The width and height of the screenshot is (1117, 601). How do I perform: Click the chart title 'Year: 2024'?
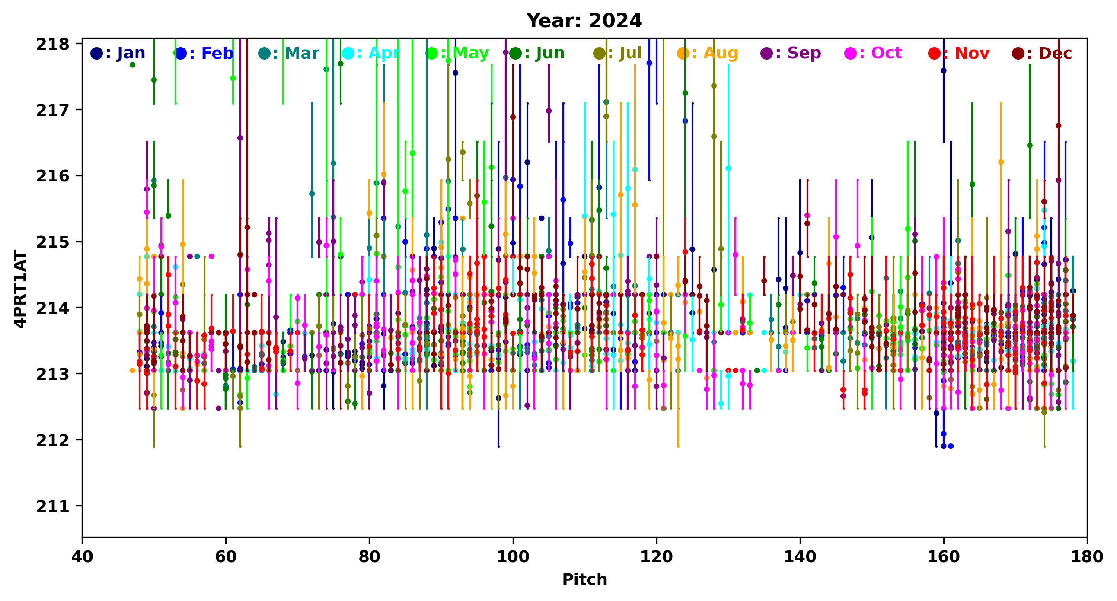pos(584,21)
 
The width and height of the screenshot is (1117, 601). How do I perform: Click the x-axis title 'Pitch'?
pos(584,579)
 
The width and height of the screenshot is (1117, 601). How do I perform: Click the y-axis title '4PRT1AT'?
pos(20,289)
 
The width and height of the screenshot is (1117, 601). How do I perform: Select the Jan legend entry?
pos(118,53)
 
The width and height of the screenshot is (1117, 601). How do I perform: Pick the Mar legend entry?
pos(289,53)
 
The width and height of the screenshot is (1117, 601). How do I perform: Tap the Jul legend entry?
pos(617,53)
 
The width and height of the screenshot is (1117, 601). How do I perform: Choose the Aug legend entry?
pos(708,53)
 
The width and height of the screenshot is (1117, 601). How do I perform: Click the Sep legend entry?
pos(791,53)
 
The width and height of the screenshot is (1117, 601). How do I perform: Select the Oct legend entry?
pos(873,53)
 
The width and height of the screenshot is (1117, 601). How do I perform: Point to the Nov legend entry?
pos(959,53)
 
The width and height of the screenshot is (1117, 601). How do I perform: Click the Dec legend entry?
pos(1042,53)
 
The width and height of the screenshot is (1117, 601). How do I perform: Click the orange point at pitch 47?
pos(132,370)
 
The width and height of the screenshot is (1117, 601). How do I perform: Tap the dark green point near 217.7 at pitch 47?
pos(132,65)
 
